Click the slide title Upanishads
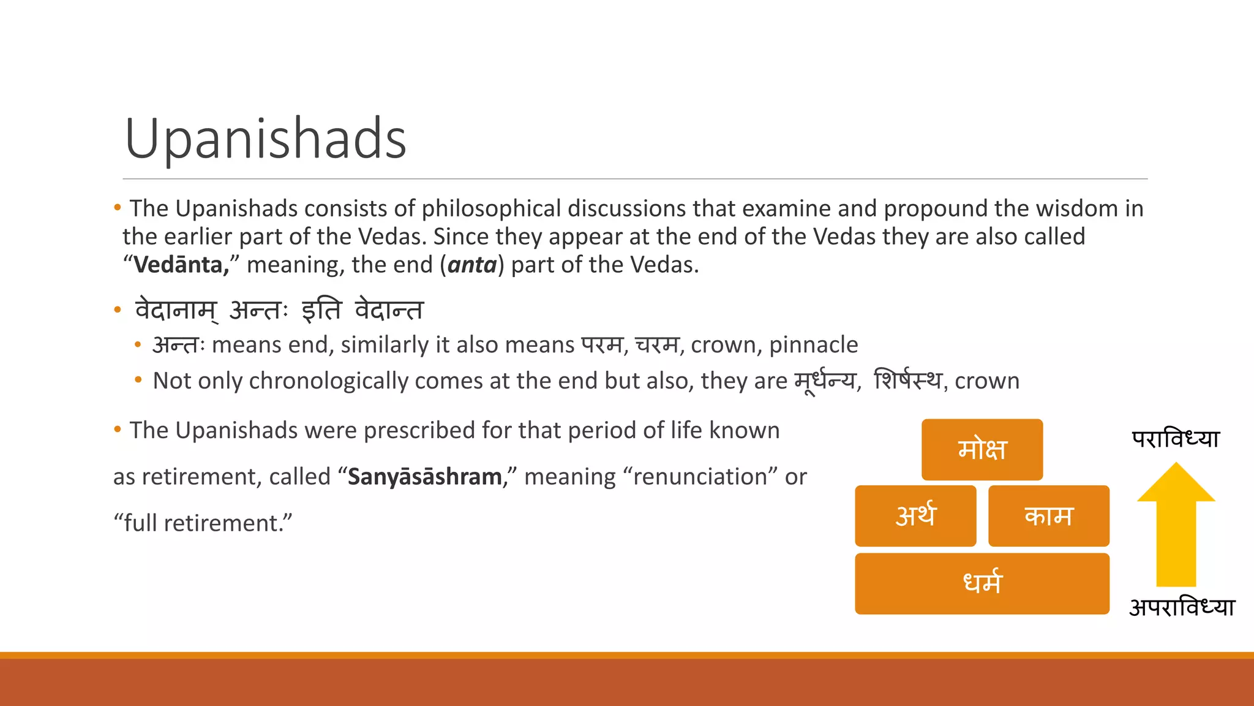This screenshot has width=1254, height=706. click(265, 139)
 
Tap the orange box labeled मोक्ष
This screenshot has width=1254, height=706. click(982, 449)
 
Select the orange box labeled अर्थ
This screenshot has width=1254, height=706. click(915, 515)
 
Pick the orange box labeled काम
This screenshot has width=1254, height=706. click(1048, 515)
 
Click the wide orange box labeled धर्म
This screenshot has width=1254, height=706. click(982, 583)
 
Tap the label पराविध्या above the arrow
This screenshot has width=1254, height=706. click(1176, 439)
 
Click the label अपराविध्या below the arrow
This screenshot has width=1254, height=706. click(1182, 607)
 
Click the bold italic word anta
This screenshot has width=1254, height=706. click(472, 265)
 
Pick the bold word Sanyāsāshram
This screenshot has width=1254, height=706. click(425, 477)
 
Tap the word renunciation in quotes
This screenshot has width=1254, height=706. click(700, 477)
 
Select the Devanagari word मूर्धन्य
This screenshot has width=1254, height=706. click(825, 381)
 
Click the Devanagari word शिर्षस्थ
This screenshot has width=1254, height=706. click(907, 381)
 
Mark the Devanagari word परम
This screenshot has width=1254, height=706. click(602, 345)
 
